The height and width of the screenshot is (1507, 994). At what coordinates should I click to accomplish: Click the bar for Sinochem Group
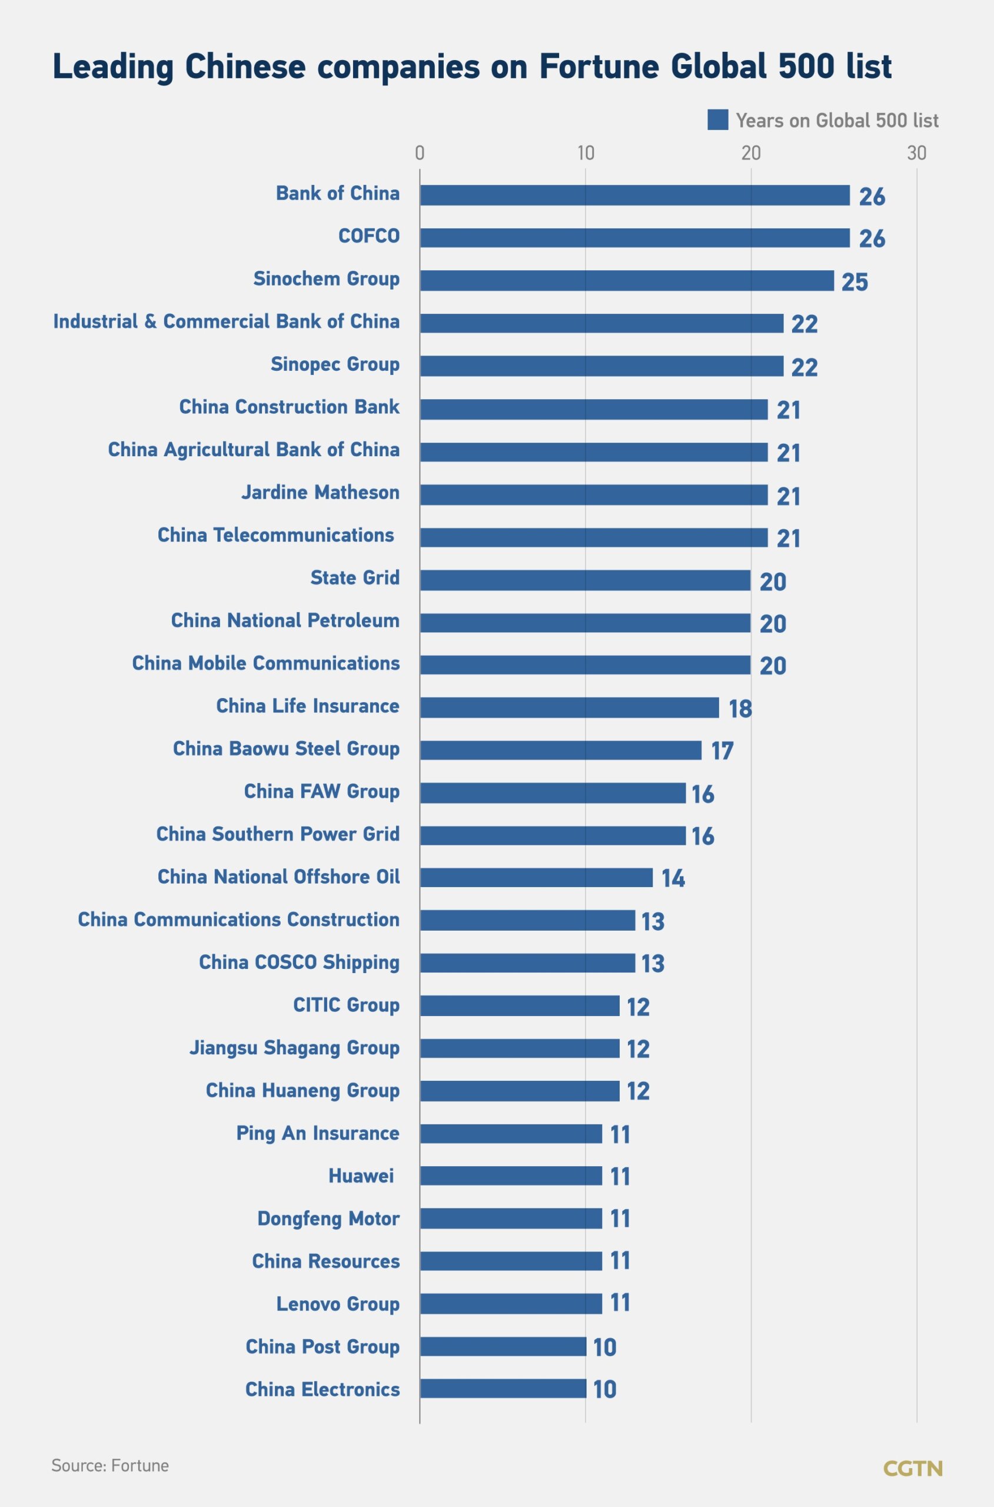coord(626,280)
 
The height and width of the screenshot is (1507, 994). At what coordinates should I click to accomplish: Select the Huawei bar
coord(511,1176)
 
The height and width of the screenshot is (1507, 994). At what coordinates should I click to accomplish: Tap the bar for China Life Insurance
coord(569,708)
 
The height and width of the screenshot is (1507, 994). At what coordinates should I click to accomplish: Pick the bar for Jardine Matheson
coord(593,494)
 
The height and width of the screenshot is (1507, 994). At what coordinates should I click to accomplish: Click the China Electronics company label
coord(322,1389)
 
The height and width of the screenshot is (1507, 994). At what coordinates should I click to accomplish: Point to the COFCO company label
coord(369,236)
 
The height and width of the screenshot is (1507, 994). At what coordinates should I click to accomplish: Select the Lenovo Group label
coord(337,1303)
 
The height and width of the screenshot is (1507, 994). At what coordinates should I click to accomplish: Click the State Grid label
coord(354,577)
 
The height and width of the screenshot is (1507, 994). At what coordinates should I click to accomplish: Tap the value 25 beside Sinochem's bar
coord(855,282)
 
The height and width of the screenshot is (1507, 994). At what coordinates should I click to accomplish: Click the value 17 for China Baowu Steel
coord(722,751)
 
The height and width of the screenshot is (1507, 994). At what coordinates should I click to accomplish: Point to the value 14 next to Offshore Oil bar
coord(673,879)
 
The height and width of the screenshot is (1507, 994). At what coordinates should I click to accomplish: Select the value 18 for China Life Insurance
coord(740,709)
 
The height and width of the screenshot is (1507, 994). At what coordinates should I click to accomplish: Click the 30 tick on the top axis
coord(917,153)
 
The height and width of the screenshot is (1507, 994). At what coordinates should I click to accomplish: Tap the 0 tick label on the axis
coord(420,153)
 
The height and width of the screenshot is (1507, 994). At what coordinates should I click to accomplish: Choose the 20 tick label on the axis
coord(750,153)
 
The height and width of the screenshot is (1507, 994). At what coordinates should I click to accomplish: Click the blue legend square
coord(717,120)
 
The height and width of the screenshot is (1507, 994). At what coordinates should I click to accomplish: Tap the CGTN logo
coord(912,1468)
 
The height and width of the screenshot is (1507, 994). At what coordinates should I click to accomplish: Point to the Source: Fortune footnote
coord(109,1465)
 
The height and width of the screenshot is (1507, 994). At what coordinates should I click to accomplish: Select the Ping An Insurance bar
coord(511,1134)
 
